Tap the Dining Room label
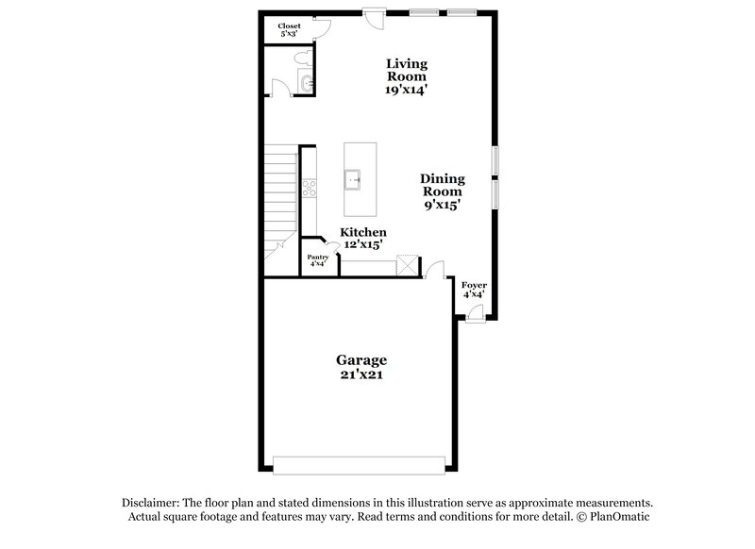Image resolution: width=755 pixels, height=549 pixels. [441, 184]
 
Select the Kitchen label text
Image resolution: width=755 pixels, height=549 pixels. [363, 232]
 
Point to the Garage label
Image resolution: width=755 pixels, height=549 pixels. [362, 360]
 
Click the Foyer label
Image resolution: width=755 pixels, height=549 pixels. [473, 283]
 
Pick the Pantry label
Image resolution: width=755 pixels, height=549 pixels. [317, 257]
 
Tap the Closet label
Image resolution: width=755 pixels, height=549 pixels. [289, 26]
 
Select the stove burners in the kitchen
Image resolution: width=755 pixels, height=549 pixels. [308, 187]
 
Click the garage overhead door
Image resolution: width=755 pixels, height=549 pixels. [360, 463]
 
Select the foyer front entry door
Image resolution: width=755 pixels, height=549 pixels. [475, 312]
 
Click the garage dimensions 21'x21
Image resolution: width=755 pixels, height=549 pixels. [362, 374]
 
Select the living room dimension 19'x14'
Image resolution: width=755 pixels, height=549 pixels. [406, 91]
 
